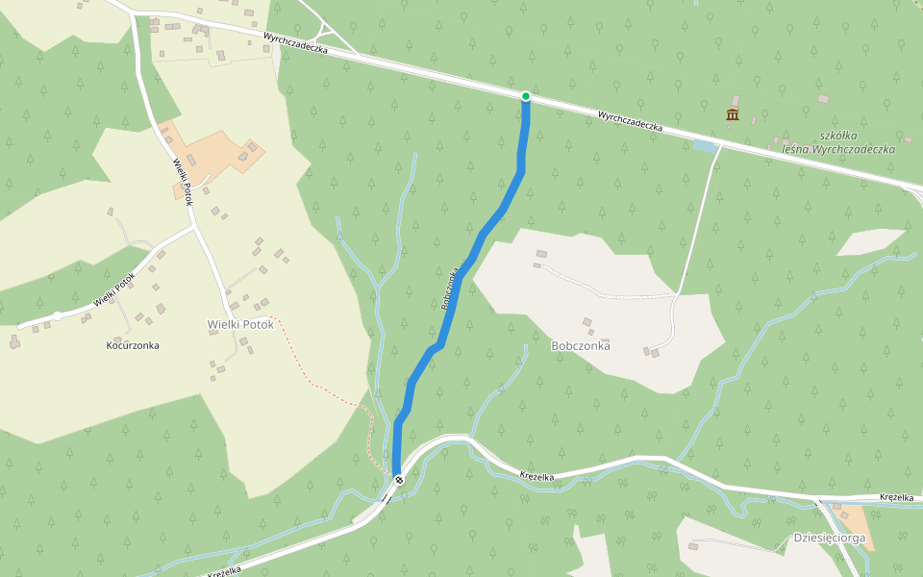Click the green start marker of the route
[526, 96]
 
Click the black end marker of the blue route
[398, 479]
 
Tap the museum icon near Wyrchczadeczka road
[733, 115]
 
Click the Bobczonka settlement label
[581, 345]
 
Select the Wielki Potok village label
[240, 324]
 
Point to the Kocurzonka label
[134, 344]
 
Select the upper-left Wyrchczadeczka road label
[296, 43]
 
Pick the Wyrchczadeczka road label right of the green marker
[631, 121]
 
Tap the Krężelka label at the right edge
[896, 497]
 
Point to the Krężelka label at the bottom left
[224, 570]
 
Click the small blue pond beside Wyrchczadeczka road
[705, 146]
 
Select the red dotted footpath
[322, 385]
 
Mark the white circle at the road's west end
[58, 315]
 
